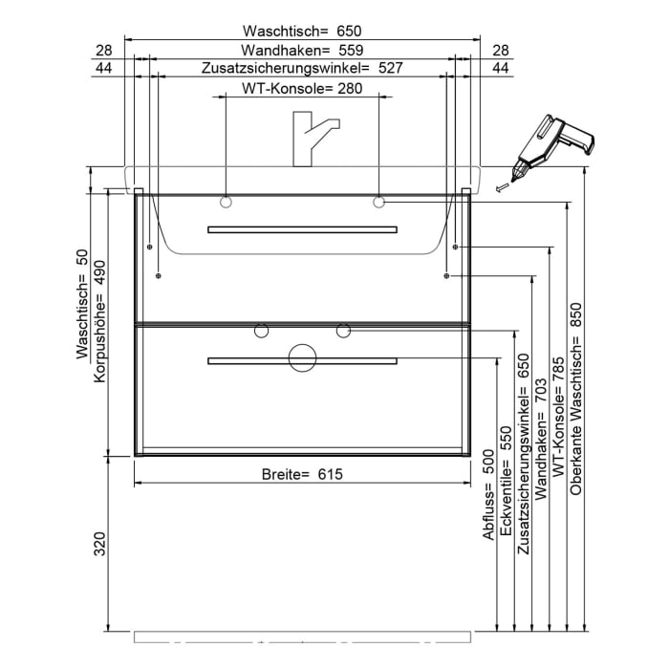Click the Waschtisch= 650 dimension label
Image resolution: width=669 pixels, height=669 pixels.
pyautogui.click(x=302, y=31)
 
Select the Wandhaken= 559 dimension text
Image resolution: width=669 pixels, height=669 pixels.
pyautogui.click(x=302, y=50)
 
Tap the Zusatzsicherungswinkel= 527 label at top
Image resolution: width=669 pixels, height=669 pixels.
pyautogui.click(x=302, y=69)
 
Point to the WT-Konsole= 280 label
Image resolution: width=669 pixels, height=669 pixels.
pyautogui.click(x=302, y=89)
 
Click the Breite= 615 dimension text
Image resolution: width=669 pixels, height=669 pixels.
pyautogui.click(x=302, y=474)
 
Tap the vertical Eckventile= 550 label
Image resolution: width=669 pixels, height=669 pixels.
pyautogui.click(x=507, y=487)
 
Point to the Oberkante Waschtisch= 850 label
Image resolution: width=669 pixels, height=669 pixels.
pyautogui.click(x=576, y=405)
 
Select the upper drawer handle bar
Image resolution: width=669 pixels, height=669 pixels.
pyautogui.click(x=302, y=229)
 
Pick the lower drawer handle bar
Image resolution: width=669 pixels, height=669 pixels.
pyautogui.click(x=302, y=360)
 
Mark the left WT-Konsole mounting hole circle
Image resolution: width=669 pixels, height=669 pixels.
pyautogui.click(x=226, y=202)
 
